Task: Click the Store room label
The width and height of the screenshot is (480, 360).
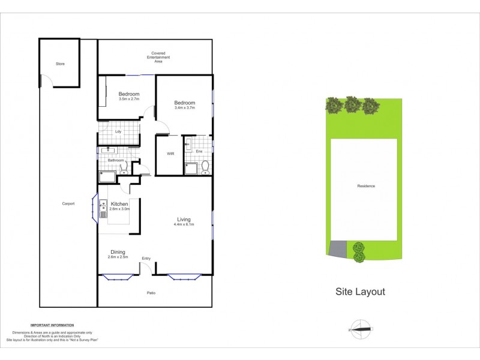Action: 60,64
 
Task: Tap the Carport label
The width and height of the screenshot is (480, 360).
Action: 68,203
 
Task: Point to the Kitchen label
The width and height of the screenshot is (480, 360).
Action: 119,205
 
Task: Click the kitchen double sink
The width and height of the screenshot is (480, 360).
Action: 103,208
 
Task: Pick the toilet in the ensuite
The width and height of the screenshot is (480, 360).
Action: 205,166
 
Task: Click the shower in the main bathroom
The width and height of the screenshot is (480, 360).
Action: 108,176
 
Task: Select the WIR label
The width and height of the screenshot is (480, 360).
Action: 170,154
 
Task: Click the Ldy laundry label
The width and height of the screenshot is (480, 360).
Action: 118,132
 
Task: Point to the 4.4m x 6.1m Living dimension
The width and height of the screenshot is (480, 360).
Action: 184,224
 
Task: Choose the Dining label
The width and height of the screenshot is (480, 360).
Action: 118,252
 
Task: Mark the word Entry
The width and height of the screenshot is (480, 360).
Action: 146,259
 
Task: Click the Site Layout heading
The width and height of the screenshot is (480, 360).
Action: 360,292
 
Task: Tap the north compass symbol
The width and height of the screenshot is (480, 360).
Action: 360,328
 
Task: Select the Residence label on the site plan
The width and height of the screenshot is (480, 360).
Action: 366,186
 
